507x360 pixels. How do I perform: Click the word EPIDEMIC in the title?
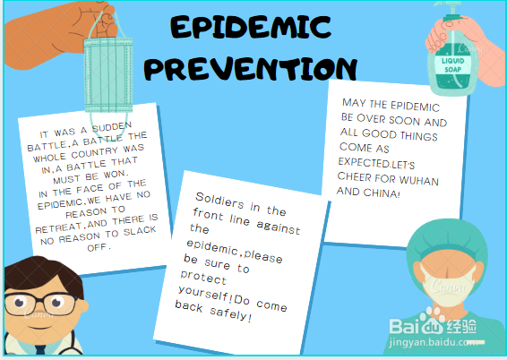[x=251, y=28]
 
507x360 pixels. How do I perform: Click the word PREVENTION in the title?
[x=251, y=69]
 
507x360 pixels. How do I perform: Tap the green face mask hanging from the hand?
[x=108, y=75]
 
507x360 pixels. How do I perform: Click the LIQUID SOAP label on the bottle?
[x=452, y=65]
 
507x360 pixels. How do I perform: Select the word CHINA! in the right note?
[x=382, y=193]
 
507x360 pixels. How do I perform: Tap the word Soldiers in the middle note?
[x=219, y=201]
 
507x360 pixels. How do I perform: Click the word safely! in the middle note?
[x=230, y=314]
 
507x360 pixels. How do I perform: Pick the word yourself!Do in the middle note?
[x=213, y=296]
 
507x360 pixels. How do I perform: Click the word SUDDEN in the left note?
[x=112, y=128]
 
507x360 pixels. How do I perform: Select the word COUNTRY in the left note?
[x=94, y=153]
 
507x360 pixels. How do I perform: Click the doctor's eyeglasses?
[x=40, y=304]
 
